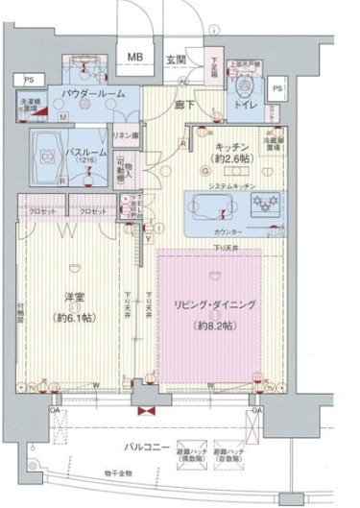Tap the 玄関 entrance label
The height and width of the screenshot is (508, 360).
[x=176, y=59]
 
